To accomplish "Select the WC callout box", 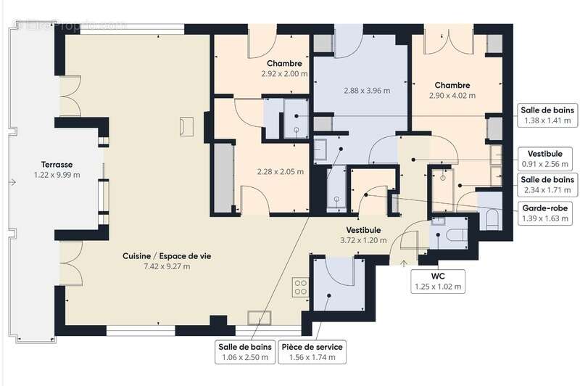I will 438,281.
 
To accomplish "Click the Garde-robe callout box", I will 547,213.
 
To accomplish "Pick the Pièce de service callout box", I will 312,352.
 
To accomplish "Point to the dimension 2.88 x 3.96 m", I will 366,91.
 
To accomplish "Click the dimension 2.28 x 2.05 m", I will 280,172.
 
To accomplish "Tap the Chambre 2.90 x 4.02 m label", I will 452,90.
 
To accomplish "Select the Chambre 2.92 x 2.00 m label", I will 284,68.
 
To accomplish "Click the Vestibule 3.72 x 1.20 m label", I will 365,234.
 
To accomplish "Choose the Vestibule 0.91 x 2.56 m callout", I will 547,159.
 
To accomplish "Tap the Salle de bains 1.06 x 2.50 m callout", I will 244,352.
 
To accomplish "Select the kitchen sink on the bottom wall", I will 260,318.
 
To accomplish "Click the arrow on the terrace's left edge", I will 12,182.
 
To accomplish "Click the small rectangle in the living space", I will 187,126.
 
